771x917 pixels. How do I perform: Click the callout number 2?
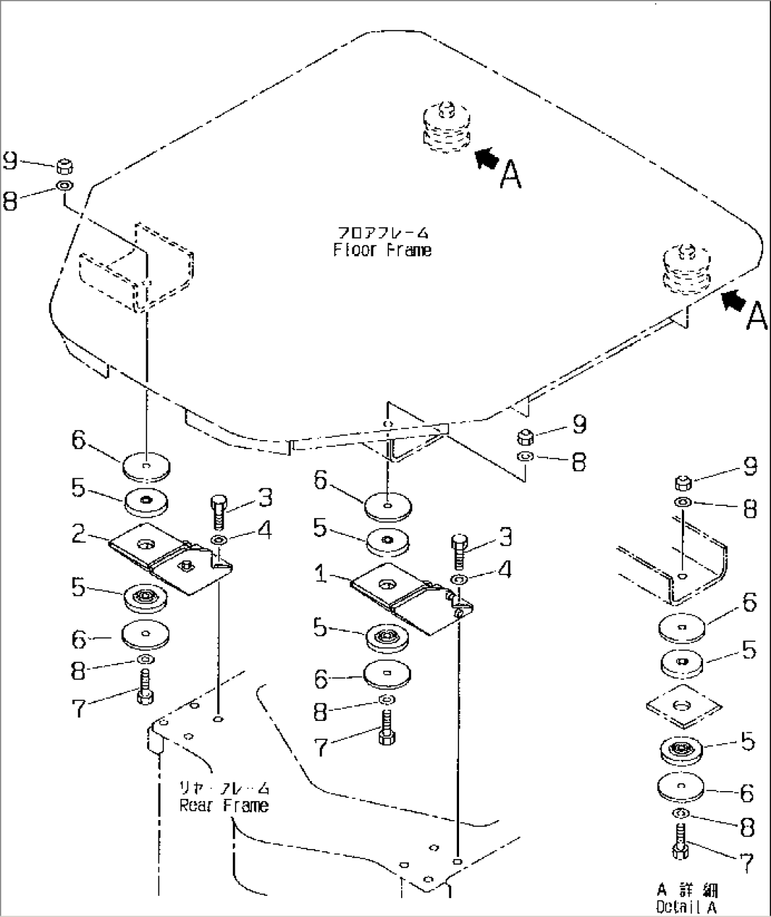[79, 534]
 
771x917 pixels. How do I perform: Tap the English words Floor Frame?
[382, 250]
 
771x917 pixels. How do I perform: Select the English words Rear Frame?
[224, 805]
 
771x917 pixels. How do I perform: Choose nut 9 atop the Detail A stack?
[682, 484]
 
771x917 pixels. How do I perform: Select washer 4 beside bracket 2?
[219, 541]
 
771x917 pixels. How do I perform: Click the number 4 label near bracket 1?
[504, 570]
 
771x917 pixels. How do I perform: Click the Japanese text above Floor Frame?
[382, 233]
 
